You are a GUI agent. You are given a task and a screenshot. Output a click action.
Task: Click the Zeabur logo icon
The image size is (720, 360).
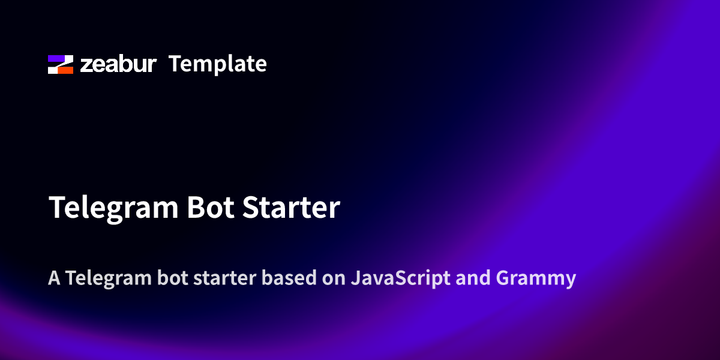(61, 64)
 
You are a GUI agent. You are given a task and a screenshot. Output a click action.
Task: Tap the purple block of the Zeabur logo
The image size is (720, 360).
(57, 58)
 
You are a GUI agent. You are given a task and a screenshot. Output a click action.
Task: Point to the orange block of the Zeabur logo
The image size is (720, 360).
(65, 70)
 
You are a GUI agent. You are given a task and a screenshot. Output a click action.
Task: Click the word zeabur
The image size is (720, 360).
(118, 64)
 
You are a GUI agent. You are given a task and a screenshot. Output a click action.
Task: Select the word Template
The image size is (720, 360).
(218, 65)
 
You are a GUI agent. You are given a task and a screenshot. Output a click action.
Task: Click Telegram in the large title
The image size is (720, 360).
(113, 208)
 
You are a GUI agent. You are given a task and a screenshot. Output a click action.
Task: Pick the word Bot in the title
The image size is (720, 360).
(211, 208)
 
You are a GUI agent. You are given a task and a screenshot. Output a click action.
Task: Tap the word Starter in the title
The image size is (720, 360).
(291, 208)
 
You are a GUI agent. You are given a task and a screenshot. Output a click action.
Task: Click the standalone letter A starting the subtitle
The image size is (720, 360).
(55, 278)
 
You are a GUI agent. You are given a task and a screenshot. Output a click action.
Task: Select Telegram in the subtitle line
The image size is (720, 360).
(109, 278)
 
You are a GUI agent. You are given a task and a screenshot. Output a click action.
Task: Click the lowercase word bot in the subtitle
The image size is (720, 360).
(173, 278)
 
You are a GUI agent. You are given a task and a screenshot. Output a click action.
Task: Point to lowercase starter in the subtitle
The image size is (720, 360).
(225, 278)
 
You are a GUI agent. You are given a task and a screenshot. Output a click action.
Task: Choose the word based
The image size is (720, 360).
(289, 278)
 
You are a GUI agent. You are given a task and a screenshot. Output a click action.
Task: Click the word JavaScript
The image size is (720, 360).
(401, 278)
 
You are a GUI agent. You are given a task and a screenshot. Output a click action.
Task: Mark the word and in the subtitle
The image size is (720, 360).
(473, 278)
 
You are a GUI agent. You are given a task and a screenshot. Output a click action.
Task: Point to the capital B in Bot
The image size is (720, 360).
(196, 208)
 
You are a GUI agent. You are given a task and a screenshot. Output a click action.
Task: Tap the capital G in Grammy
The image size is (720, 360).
(503, 278)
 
